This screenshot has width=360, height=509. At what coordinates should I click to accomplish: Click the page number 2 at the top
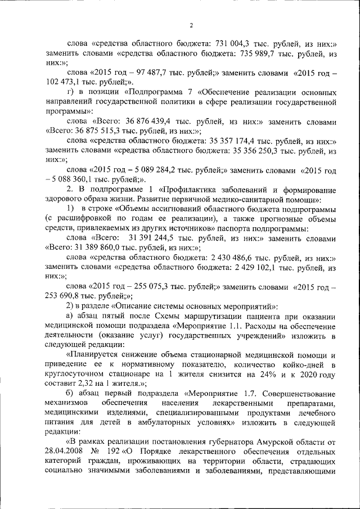[191, 25]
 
